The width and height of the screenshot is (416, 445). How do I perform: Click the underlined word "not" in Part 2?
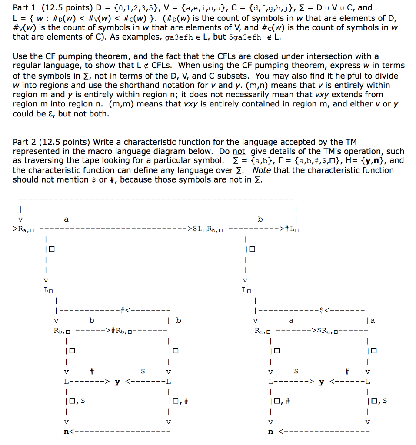click(239, 151)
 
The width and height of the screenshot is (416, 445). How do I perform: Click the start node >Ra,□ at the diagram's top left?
click(26, 229)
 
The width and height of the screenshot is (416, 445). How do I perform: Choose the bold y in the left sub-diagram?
click(117, 382)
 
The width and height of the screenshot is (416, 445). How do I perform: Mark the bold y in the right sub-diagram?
click(321, 382)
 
